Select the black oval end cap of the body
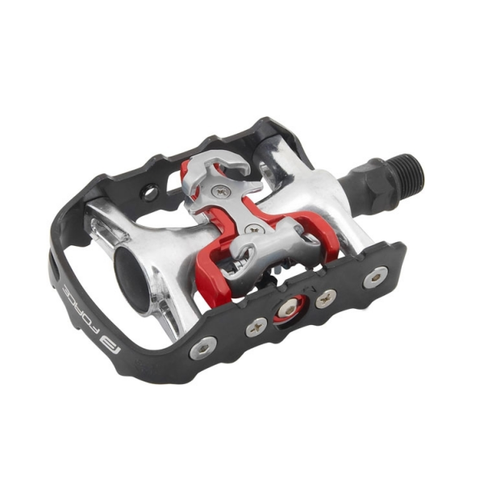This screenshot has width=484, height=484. coord(131,279)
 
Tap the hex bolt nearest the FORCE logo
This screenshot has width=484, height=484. coord(202,348)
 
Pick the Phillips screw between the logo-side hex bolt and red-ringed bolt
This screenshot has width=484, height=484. coord(257,327)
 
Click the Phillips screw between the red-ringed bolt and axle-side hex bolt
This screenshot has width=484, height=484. coord(326,298)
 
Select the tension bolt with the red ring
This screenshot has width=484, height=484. coord(289,311)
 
